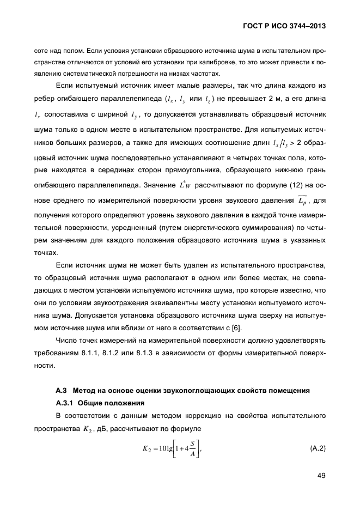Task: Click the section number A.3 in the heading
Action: pyautogui.click(x=63, y=390)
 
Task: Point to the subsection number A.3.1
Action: pyautogui.click(x=66, y=403)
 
